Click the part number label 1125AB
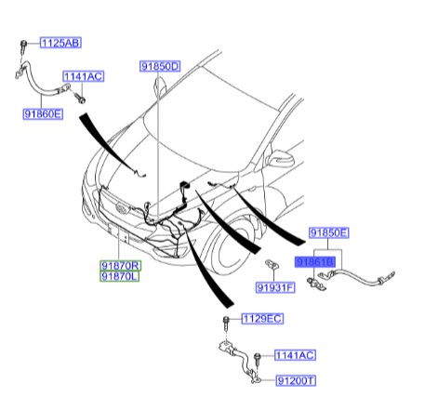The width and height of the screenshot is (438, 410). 60,43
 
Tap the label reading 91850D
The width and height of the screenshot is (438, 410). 160,67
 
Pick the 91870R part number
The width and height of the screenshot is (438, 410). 120,265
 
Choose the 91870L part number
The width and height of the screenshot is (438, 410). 120,276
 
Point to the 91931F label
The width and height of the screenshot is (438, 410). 275,289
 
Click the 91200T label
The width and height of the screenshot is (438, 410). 297,381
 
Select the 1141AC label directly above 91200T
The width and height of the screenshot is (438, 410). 295,355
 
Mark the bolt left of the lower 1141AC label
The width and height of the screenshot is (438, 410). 253,357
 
